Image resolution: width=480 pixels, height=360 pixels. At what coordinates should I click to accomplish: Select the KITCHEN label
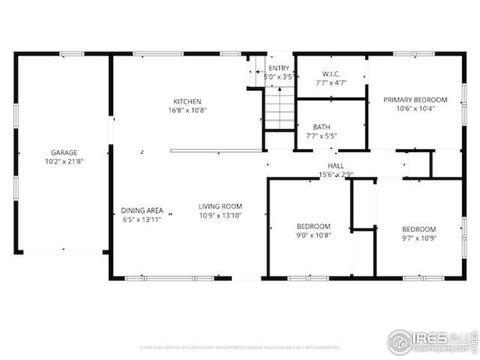point(187,101)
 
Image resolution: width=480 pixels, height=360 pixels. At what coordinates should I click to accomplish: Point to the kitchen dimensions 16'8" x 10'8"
point(187,110)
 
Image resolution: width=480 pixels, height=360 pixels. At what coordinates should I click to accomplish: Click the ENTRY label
point(279,68)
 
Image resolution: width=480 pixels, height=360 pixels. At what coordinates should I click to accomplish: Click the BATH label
point(321,126)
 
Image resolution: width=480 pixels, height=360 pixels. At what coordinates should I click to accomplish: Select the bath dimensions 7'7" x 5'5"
point(321,135)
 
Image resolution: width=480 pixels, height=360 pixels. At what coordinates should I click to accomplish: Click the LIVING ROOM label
point(221,206)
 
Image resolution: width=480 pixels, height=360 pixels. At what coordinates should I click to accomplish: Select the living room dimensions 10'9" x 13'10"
point(221,215)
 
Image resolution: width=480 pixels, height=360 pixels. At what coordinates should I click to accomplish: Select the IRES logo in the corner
point(433,339)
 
